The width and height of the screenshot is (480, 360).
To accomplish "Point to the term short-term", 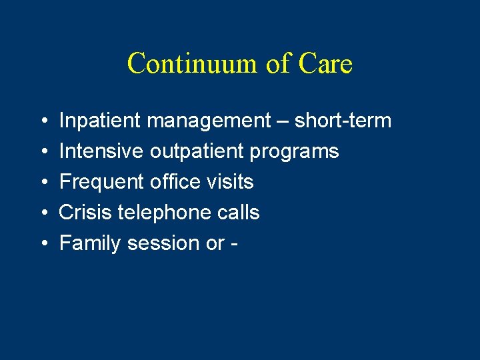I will pyautogui.click(x=343, y=121).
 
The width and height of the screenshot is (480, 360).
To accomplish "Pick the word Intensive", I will pyautogui.click(x=101, y=152).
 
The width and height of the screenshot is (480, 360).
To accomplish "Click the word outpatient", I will pyautogui.click(x=197, y=152).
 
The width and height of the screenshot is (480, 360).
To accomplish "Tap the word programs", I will pyautogui.click(x=295, y=152).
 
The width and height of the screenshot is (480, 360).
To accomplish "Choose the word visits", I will pyautogui.click(x=231, y=182).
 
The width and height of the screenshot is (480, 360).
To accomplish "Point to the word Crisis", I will pyautogui.click(x=85, y=213).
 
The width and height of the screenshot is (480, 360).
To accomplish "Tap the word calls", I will pyautogui.click(x=236, y=213).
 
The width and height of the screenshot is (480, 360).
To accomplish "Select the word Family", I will pyautogui.click(x=90, y=243).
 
